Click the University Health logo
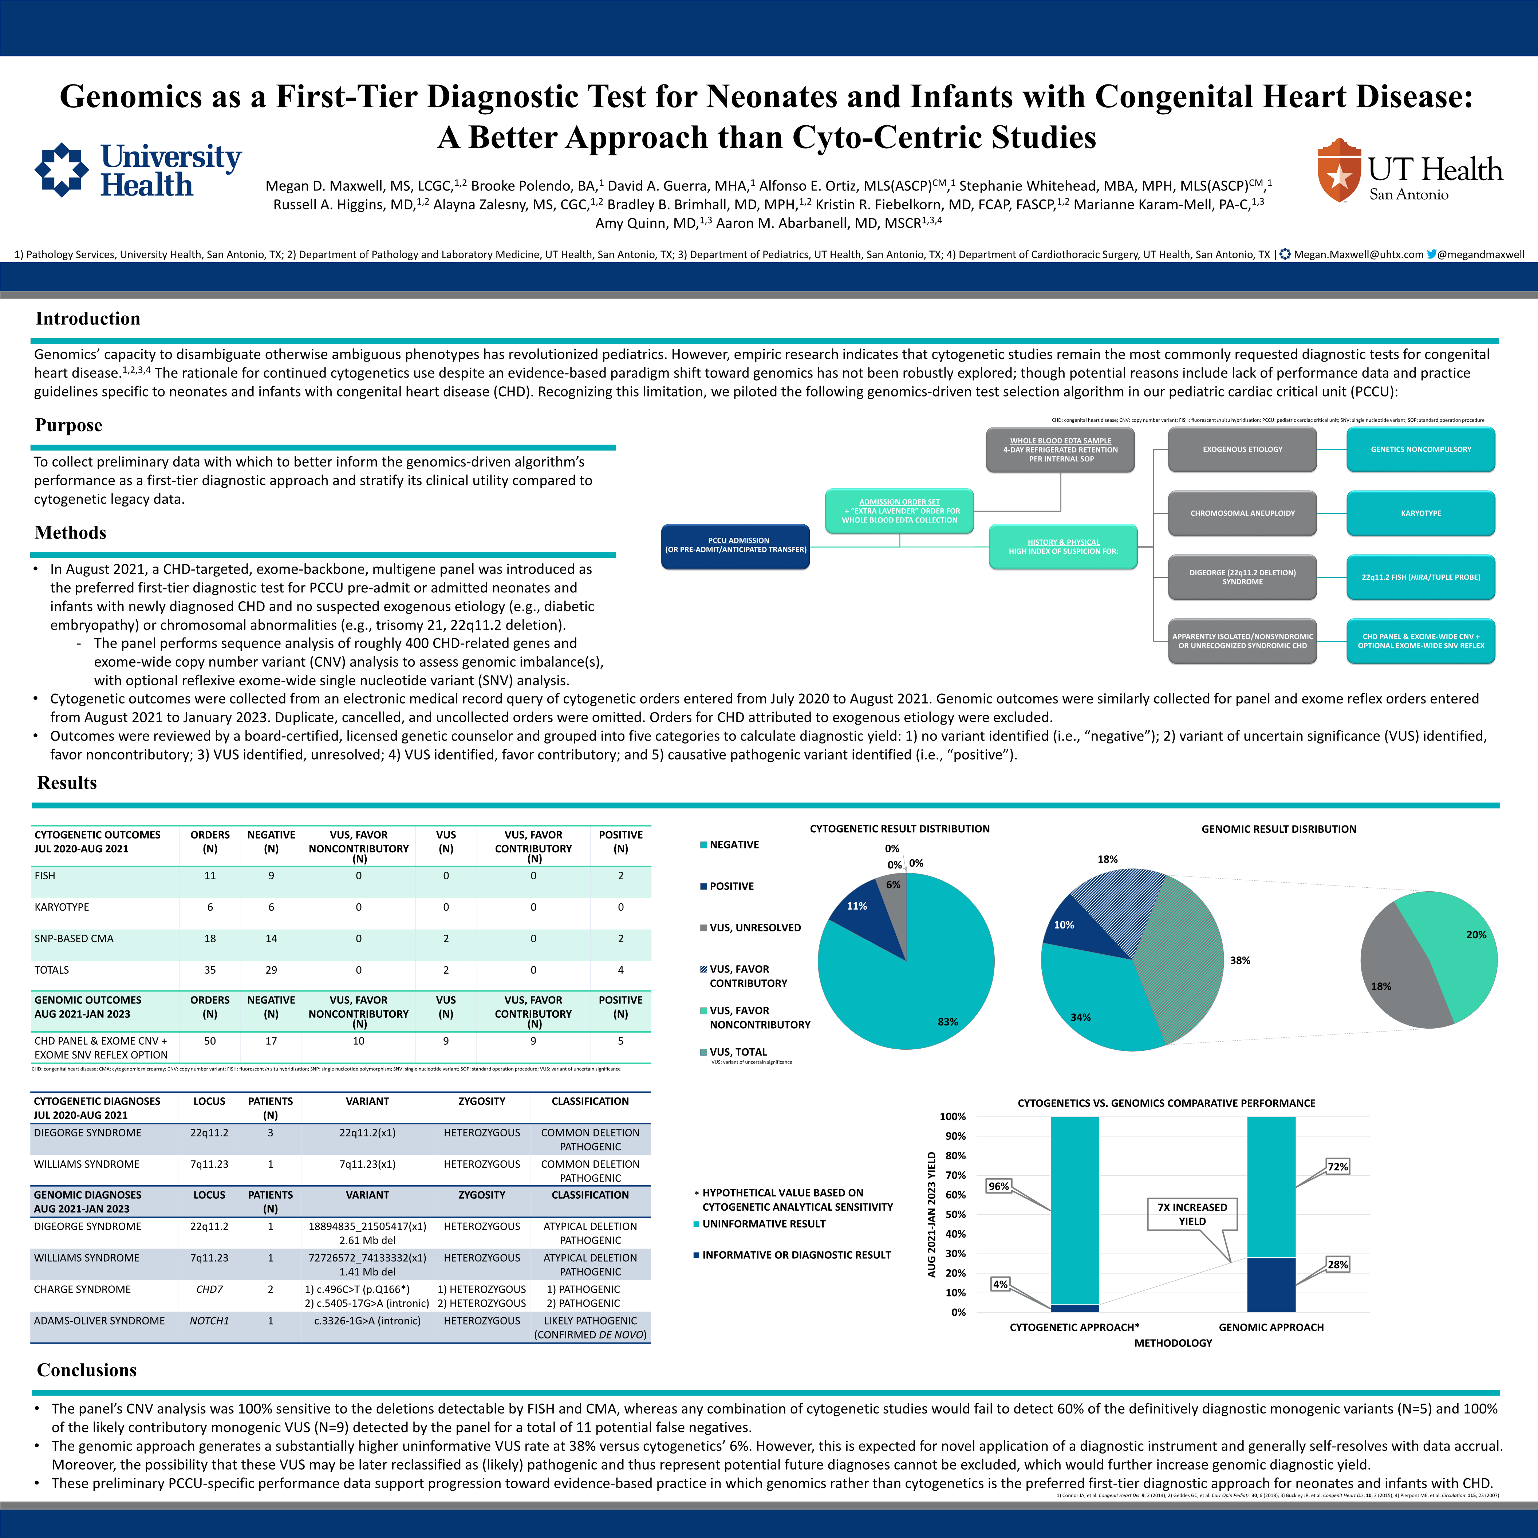pyautogui.click(x=138, y=170)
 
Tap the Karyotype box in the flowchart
pyautogui.click(x=1420, y=513)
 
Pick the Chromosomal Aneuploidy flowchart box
pyautogui.click(x=1242, y=513)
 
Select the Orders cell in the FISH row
pyautogui.click(x=210, y=876)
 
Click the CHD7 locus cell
pyautogui.click(x=209, y=1290)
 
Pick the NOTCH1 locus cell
pyautogui.click(x=209, y=1321)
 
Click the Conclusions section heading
pyautogui.click(x=87, y=1370)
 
